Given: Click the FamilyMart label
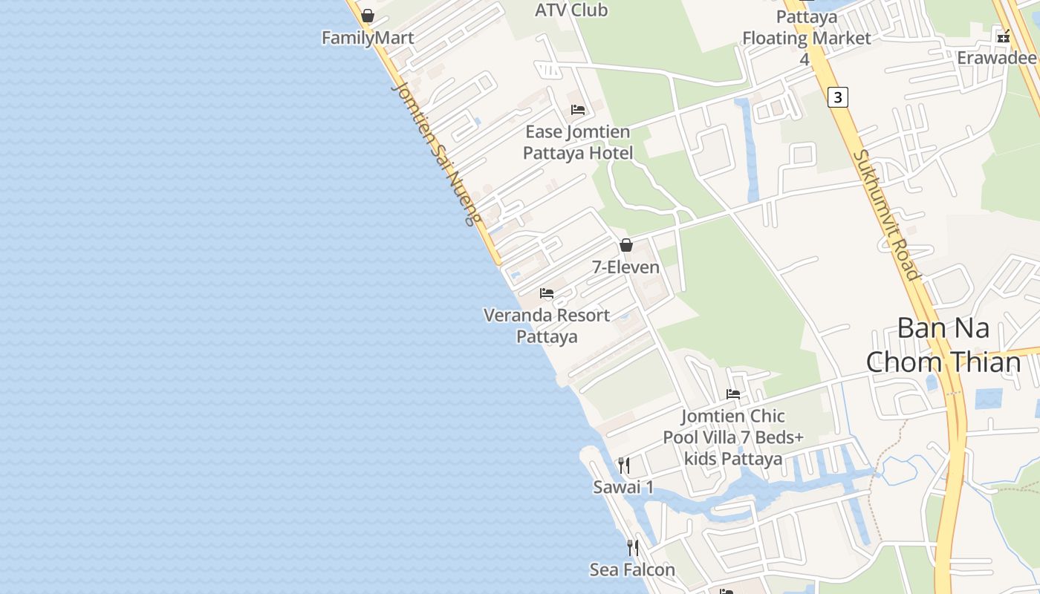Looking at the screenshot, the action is click(368, 38).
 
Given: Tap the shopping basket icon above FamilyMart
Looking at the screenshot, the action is click(368, 16).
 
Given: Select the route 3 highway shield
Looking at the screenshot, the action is click(838, 97).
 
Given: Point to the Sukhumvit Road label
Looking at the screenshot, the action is click(887, 215).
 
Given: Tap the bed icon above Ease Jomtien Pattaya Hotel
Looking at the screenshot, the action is click(578, 110).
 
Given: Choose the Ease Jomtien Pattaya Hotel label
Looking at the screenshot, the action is click(578, 143).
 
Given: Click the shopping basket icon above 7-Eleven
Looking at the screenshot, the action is click(626, 244).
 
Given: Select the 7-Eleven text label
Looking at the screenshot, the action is click(626, 267).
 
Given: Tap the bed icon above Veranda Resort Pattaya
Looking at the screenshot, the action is click(547, 293).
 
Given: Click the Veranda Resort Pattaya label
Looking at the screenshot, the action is click(547, 325).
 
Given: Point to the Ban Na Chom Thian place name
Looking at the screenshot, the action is click(943, 345).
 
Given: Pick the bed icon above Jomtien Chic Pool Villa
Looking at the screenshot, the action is click(733, 394).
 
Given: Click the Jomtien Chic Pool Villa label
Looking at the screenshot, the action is click(733, 437).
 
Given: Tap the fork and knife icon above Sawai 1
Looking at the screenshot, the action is click(624, 466).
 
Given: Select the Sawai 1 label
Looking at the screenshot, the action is click(623, 487).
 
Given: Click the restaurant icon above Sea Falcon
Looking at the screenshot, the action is click(633, 548).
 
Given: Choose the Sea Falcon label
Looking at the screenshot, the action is click(632, 569).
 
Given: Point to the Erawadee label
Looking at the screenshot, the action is click(996, 58).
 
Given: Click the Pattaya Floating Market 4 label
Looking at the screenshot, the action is click(807, 37).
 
